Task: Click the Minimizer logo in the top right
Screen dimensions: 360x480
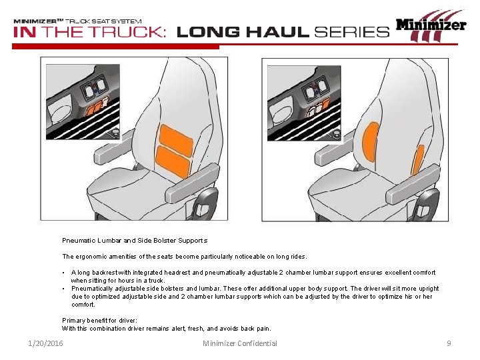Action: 431,26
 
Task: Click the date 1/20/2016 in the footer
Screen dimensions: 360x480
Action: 45,343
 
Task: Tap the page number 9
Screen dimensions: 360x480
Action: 449,343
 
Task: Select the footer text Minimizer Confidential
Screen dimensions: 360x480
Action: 240,343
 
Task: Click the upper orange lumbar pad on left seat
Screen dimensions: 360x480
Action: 176,137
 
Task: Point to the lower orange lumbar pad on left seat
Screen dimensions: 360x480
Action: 172,161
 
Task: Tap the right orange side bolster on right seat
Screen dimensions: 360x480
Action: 418,159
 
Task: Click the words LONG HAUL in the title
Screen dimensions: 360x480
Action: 243,31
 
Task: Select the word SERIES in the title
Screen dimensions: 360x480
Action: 351,31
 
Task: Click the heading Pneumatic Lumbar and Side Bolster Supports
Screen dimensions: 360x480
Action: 135,240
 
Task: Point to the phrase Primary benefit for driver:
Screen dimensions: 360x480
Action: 99,321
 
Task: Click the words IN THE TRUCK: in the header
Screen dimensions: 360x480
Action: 90,32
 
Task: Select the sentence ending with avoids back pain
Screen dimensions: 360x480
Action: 167,328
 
